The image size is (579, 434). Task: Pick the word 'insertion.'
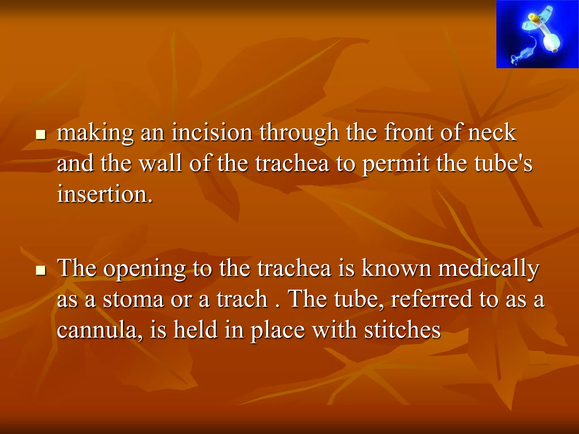[105, 194]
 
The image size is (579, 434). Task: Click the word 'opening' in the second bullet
[144, 268]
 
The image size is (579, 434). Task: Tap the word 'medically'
[489, 268]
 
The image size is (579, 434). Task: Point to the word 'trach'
[242, 299]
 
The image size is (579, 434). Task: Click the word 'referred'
[431, 299]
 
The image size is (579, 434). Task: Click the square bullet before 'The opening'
[41, 270]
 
